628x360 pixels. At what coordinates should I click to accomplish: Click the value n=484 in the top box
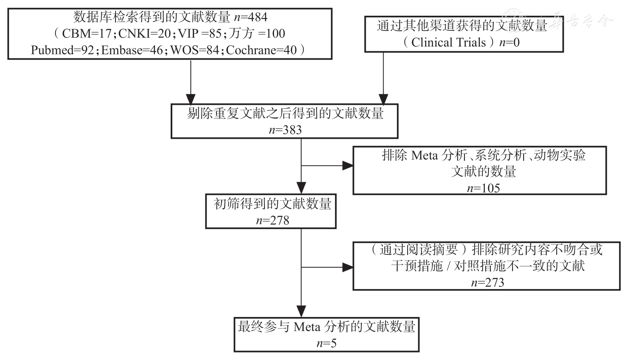pyautogui.click(x=251, y=17)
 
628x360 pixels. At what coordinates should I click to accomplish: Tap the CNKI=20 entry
pyautogui.click(x=144, y=34)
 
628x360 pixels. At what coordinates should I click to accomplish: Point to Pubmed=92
pyautogui.click(x=62, y=50)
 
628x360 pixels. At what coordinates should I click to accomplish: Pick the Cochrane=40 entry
pyautogui.click(x=261, y=50)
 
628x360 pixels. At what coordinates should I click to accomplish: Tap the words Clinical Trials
pyautogui.click(x=448, y=42)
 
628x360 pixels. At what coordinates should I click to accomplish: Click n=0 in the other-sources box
pyautogui.click(x=509, y=42)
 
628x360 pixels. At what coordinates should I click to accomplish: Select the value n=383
pyautogui.click(x=285, y=130)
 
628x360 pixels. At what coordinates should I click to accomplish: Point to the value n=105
pyautogui.click(x=483, y=188)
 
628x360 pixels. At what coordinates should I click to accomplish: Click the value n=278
pyautogui.click(x=272, y=220)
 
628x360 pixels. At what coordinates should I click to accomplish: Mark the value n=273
pyautogui.click(x=487, y=283)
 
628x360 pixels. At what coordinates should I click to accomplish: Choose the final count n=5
pyautogui.click(x=326, y=343)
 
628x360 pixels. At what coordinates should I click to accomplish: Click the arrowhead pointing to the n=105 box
pyautogui.click(x=348, y=166)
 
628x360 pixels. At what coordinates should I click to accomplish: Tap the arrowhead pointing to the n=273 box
pyautogui.click(x=348, y=267)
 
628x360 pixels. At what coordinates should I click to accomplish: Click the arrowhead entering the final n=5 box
pyautogui.click(x=301, y=312)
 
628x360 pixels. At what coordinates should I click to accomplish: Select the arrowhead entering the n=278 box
pyautogui.click(x=301, y=188)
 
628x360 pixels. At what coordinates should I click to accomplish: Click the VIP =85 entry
pyautogui.click(x=199, y=34)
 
